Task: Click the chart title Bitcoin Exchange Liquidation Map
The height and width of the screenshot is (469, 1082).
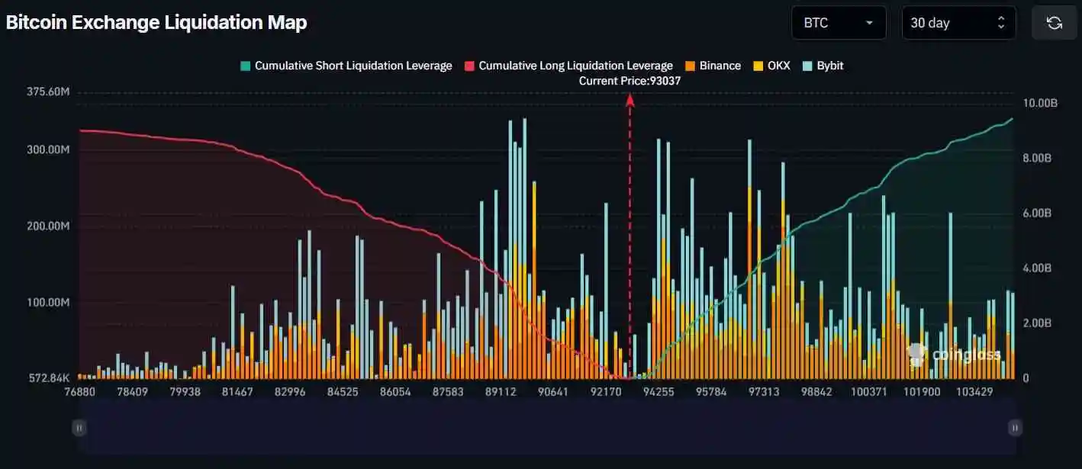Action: (156, 23)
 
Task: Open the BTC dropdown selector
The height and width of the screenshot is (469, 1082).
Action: (838, 23)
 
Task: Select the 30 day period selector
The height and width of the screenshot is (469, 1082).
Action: (958, 23)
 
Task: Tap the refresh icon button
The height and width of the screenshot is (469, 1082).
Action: (1054, 23)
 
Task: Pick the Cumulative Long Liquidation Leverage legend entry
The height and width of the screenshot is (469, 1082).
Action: (568, 66)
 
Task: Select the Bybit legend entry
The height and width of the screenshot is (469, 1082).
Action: (823, 66)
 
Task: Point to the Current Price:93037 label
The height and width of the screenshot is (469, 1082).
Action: (630, 81)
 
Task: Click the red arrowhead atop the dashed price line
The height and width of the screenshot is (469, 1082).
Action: (630, 98)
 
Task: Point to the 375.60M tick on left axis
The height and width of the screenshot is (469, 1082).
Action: (48, 92)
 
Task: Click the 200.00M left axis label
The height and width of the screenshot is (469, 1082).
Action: (48, 226)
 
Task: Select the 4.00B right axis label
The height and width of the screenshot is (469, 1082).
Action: (1037, 268)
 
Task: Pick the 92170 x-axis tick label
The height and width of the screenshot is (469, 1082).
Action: (605, 392)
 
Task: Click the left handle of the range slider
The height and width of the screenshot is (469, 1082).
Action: (79, 428)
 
